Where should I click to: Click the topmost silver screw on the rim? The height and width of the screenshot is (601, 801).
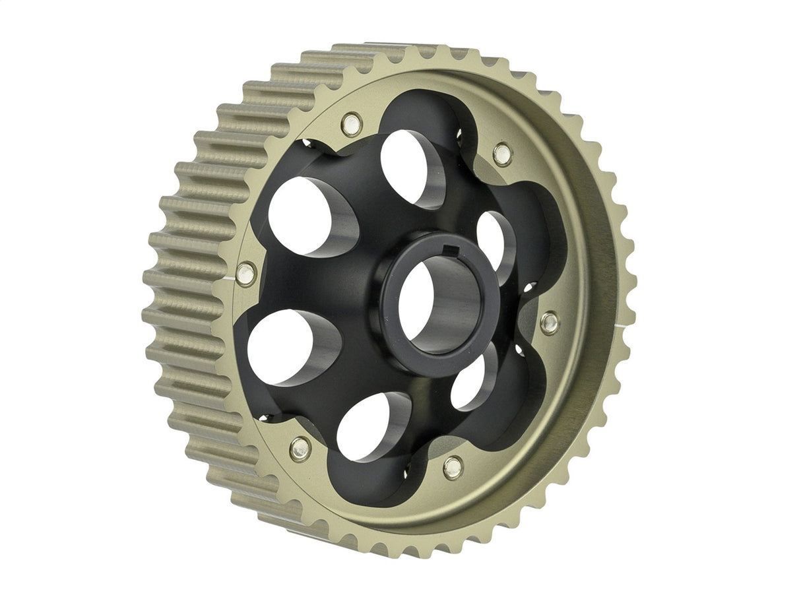351,123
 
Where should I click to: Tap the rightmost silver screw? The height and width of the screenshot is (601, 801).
549,322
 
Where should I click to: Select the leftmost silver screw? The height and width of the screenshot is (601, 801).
245,272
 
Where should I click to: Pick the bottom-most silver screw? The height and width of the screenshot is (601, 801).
453,467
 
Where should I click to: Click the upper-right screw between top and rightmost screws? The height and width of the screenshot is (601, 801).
502,154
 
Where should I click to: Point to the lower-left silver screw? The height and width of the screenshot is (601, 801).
300,448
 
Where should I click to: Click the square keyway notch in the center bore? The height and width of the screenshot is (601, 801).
451,249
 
